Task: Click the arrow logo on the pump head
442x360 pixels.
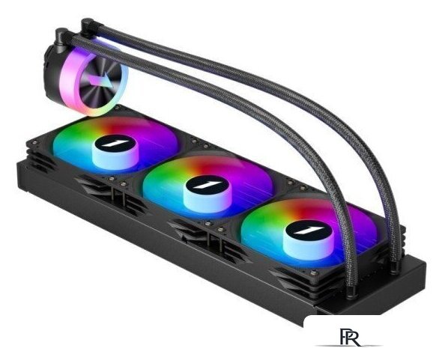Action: coord(100,81)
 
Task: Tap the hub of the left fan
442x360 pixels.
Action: coord(115,152)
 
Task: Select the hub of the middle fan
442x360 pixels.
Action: coord(208,193)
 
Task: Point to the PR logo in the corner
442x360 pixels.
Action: coord(350,337)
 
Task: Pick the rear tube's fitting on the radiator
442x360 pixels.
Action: coord(397,266)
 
